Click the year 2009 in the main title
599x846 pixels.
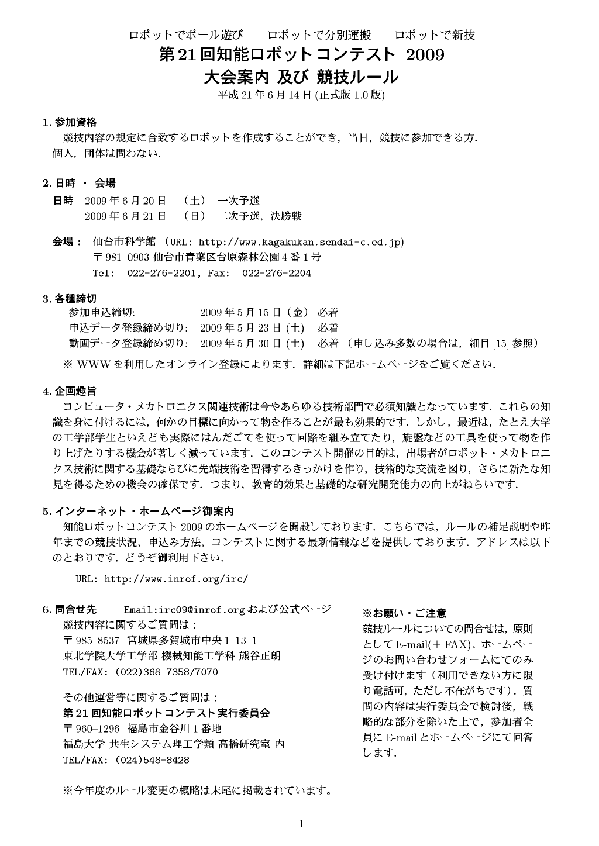coord(425,55)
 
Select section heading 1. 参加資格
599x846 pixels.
coord(70,123)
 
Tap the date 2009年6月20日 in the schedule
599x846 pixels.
coord(125,201)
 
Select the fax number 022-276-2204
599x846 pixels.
coord(276,273)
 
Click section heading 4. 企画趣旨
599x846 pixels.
coord(70,391)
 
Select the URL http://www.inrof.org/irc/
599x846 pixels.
coord(176,579)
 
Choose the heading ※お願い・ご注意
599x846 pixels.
coord(404,613)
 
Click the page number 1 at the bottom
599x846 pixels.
coord(301,824)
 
